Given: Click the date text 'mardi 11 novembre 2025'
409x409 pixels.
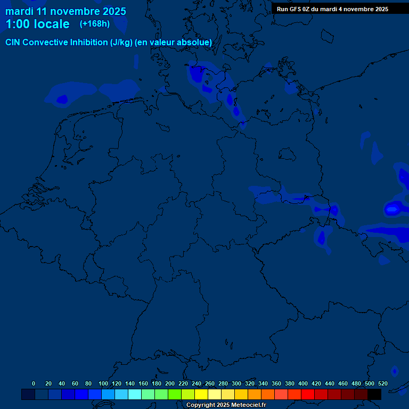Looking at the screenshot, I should click(66, 11).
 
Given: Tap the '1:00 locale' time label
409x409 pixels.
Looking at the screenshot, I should click(37, 24).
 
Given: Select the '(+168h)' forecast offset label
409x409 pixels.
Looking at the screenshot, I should click(95, 23).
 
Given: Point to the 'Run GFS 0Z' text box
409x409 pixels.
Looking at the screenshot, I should click(332, 9).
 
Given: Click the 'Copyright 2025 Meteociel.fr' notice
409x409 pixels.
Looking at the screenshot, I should click(226, 405).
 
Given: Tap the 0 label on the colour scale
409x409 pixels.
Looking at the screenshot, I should click(34, 383).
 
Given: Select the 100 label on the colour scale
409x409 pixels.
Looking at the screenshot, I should click(103, 383).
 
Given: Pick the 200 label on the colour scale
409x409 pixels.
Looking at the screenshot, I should click(170, 383).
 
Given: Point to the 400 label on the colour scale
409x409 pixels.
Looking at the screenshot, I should click(303, 383).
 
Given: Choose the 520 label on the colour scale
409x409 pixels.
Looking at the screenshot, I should click(383, 383).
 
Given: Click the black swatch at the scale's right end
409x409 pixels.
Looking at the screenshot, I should click(374, 394).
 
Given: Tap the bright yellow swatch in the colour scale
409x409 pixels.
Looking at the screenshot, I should click(201, 394).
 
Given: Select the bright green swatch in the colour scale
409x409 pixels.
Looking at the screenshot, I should click(175, 394).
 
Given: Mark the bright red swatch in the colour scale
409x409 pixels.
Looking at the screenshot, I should click(308, 394).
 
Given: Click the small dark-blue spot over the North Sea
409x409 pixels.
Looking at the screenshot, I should click(62, 99).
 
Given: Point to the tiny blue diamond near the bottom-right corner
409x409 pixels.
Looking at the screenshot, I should click(395, 371).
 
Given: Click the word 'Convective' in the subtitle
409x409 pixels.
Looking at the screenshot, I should click(45, 42).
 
